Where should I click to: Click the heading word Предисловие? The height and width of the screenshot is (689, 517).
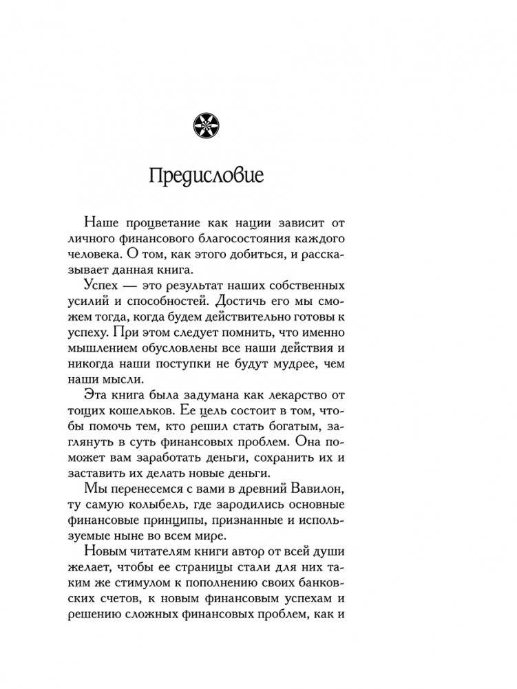205,175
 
